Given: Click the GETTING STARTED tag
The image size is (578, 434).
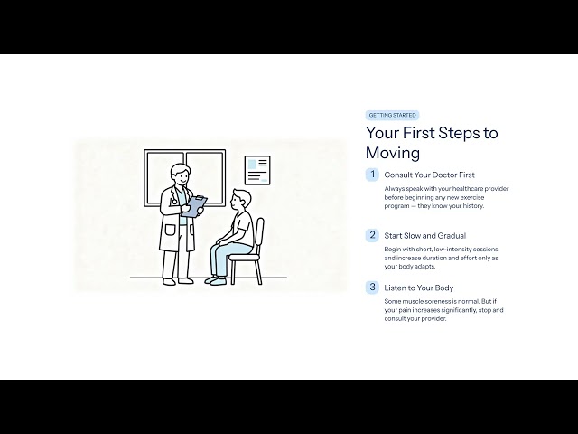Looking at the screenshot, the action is (392, 115).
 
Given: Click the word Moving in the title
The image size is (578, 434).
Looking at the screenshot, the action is (393, 153).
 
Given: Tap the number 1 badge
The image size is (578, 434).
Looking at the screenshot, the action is (372, 175).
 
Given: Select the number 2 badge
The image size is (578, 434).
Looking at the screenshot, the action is (372, 235).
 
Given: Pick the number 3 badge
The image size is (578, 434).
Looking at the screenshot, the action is (372, 288).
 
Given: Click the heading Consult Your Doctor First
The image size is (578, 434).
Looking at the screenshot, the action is (430, 175).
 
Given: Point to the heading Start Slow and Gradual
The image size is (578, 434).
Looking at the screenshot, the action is (425, 236).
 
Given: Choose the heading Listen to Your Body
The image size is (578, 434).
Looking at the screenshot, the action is (419, 288).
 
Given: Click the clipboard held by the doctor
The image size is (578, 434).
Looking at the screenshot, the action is (194, 206).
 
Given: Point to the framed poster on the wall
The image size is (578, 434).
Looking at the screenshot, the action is (257, 170).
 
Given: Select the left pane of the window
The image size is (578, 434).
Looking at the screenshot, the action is (164, 178).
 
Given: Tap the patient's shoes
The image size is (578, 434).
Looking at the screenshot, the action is (216, 281).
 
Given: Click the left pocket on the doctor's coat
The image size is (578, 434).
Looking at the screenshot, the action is (170, 230).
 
